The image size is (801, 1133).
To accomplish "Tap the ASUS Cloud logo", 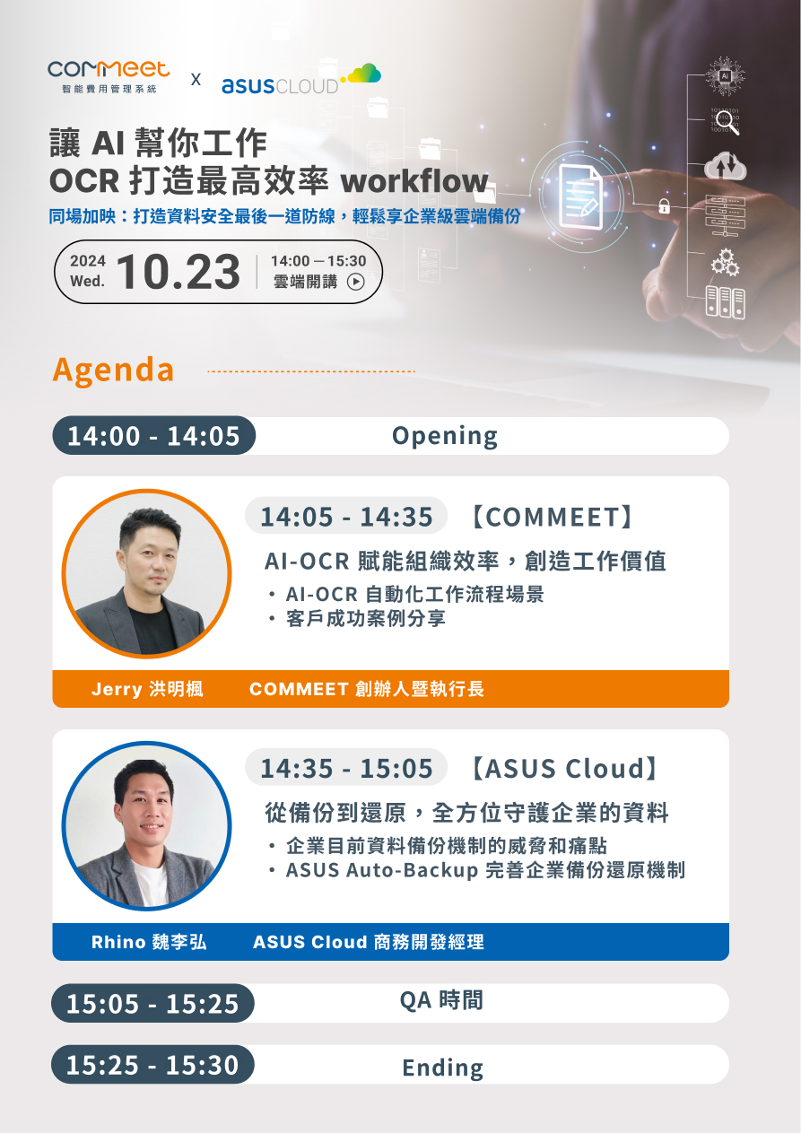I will tap(300, 81).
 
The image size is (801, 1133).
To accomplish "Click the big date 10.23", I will tap(178, 272).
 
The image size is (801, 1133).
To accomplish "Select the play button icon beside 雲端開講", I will tap(356, 282).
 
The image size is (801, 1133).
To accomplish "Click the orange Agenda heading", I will tap(113, 370).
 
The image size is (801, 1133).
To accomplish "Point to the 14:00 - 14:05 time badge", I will tap(153, 436).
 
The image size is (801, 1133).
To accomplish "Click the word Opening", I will tap(444, 436).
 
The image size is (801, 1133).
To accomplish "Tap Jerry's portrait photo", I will tap(146, 574).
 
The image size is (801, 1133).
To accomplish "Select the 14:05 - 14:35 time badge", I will tap(346, 516).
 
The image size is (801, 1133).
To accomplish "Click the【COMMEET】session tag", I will tap(553, 516).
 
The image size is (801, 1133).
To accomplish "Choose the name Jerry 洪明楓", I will tap(147, 689).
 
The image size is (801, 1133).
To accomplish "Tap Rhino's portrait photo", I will tap(146, 825).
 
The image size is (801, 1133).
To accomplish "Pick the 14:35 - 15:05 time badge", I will tap(346, 768).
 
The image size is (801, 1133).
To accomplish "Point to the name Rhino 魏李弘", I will tap(149, 942).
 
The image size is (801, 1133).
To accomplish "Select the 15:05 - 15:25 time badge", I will tap(152, 1003).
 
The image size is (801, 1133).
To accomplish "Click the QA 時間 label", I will tap(441, 1000).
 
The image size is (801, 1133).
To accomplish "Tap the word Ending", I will tap(442, 1068).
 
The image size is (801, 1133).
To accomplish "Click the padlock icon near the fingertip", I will tap(665, 205).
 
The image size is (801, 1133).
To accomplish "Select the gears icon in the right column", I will tap(724, 262).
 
